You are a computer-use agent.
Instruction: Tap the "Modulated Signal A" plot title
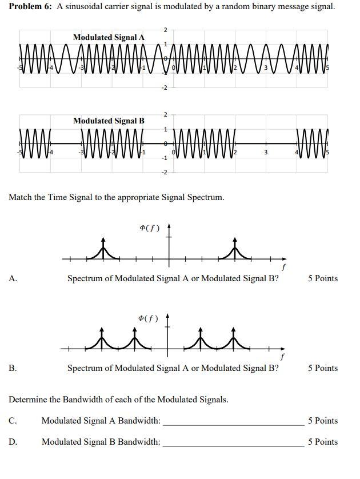click(x=109, y=37)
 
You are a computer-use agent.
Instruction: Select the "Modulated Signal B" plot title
click(x=109, y=121)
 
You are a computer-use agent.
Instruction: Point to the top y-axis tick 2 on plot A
click(x=165, y=30)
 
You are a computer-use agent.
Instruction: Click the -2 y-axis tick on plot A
click(x=165, y=88)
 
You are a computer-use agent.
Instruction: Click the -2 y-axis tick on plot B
click(x=165, y=172)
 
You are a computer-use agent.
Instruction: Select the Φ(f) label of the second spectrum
click(x=148, y=318)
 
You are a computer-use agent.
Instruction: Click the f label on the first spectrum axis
click(x=283, y=267)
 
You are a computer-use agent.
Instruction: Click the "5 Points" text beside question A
click(x=322, y=278)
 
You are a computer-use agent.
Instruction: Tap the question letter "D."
click(x=13, y=441)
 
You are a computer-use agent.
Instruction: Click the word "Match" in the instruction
click(x=21, y=197)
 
